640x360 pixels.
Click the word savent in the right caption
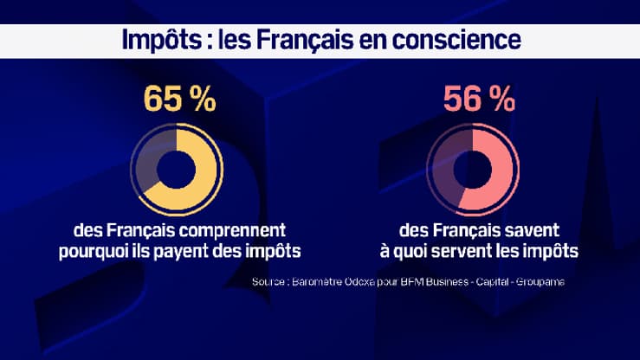tap(531, 232)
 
